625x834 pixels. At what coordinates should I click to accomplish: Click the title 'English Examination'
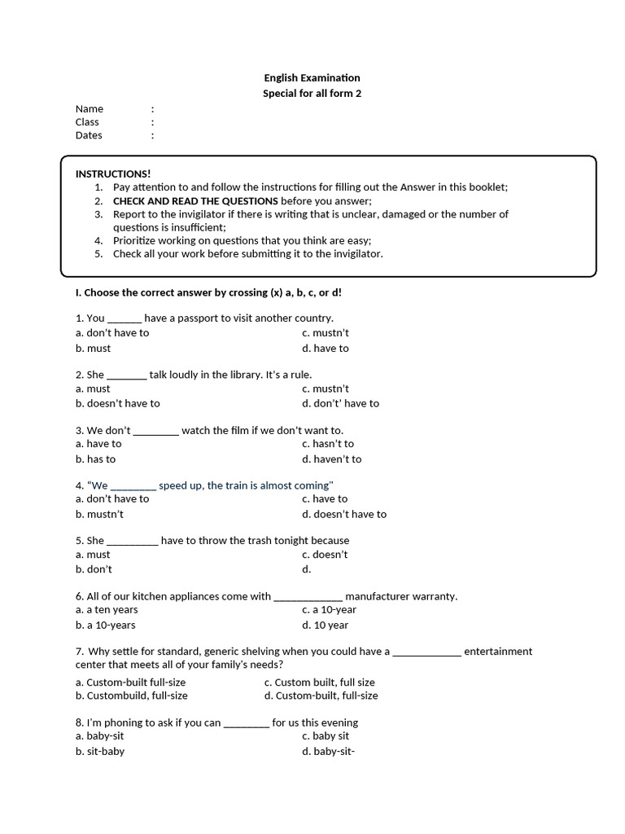click(312, 78)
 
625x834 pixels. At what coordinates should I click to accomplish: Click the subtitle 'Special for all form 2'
click(312, 94)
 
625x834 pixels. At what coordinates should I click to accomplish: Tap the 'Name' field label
click(90, 109)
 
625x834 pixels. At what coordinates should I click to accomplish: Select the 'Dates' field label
click(89, 135)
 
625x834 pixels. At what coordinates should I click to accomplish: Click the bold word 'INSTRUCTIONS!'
click(113, 174)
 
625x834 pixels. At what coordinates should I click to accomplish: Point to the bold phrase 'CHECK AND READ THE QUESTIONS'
click(195, 201)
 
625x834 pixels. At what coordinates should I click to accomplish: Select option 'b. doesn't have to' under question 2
click(118, 404)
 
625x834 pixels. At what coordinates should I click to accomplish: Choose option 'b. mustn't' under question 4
click(99, 515)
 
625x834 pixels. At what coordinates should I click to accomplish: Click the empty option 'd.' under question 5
click(307, 570)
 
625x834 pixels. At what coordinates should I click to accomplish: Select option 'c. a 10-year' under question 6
click(329, 610)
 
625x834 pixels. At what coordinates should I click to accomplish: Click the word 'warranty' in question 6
click(435, 597)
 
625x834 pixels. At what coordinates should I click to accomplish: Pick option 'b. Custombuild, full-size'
click(132, 696)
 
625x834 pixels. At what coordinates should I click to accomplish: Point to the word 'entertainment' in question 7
click(498, 652)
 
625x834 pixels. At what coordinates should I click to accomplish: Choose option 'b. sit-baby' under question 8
click(100, 752)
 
